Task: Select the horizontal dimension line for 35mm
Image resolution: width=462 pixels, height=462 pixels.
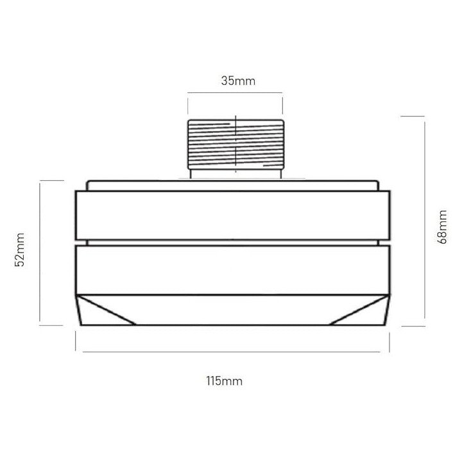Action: tap(235, 94)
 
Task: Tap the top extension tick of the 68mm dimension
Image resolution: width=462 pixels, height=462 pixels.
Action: tap(412, 117)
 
